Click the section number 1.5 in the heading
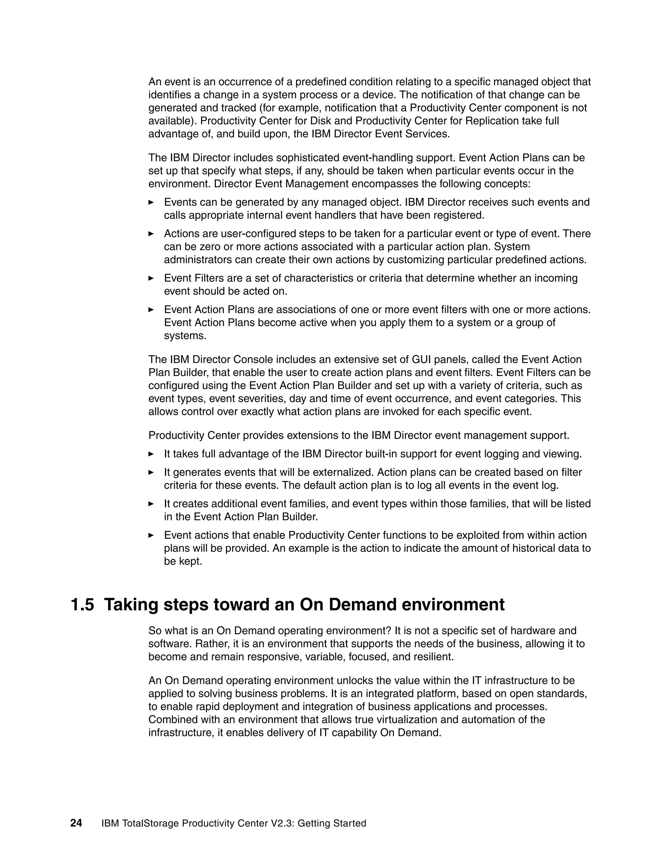(82, 605)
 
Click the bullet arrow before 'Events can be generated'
(151, 202)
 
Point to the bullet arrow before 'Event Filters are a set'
(151, 278)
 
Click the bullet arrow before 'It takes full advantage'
(151, 454)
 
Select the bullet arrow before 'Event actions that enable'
(151, 535)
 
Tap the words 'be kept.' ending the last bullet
(183, 561)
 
